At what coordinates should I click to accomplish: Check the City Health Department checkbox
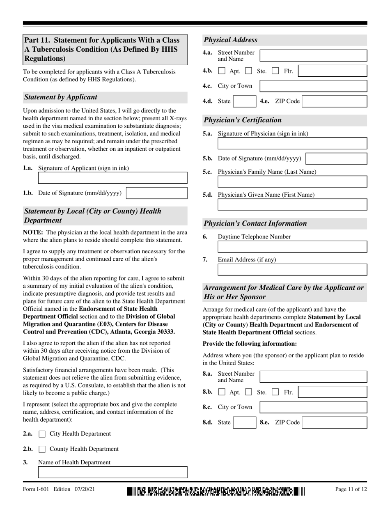(42, 434)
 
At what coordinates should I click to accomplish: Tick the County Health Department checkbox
(42, 449)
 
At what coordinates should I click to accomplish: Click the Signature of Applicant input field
(112, 178)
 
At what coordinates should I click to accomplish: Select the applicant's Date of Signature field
(156, 193)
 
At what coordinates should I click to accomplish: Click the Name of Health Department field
(112, 472)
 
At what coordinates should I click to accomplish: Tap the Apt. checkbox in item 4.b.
(222, 71)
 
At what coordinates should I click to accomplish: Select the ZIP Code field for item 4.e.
(334, 101)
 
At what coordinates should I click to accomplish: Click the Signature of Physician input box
(292, 143)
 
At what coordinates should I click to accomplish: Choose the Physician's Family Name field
(292, 182)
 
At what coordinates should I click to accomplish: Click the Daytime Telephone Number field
(292, 246)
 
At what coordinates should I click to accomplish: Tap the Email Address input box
(292, 269)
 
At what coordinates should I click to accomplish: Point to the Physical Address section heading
(231, 40)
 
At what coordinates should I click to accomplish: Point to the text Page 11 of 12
(351, 489)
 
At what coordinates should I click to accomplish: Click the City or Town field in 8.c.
(314, 407)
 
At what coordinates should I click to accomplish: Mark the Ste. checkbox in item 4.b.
(248, 71)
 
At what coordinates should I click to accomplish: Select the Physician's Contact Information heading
(255, 223)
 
